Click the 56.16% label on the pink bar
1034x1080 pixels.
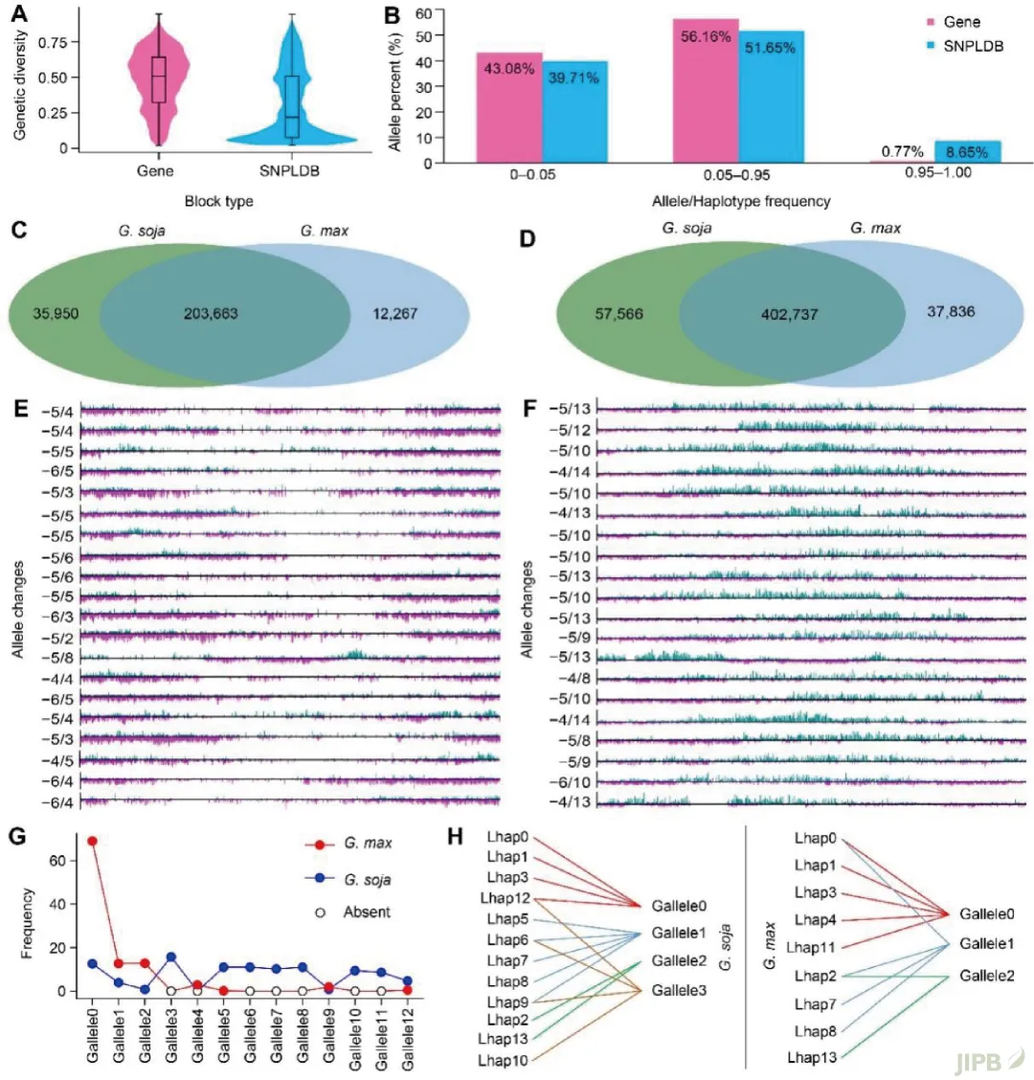coord(708,37)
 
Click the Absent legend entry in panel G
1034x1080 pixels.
coord(367,911)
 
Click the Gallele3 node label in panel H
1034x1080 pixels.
coord(680,989)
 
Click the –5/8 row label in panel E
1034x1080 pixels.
coord(57,658)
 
